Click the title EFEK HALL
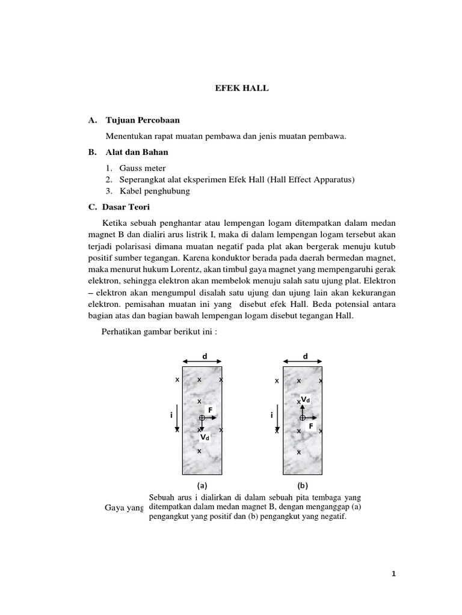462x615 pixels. click(x=242, y=88)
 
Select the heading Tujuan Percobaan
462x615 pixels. click(x=142, y=120)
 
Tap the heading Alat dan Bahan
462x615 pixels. click(x=137, y=152)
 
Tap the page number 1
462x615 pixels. click(x=393, y=574)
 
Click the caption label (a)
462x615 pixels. click(x=202, y=485)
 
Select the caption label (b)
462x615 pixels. click(x=303, y=485)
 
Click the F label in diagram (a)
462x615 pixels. click(x=211, y=410)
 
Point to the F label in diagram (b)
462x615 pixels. click(x=311, y=426)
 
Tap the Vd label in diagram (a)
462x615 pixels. click(x=205, y=438)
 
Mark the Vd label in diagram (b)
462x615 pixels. click(x=306, y=399)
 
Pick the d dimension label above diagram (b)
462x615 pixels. click(x=304, y=356)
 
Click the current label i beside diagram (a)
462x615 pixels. click(x=171, y=414)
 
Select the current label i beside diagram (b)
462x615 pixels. click(x=272, y=414)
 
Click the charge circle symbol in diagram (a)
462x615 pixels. click(x=202, y=417)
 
